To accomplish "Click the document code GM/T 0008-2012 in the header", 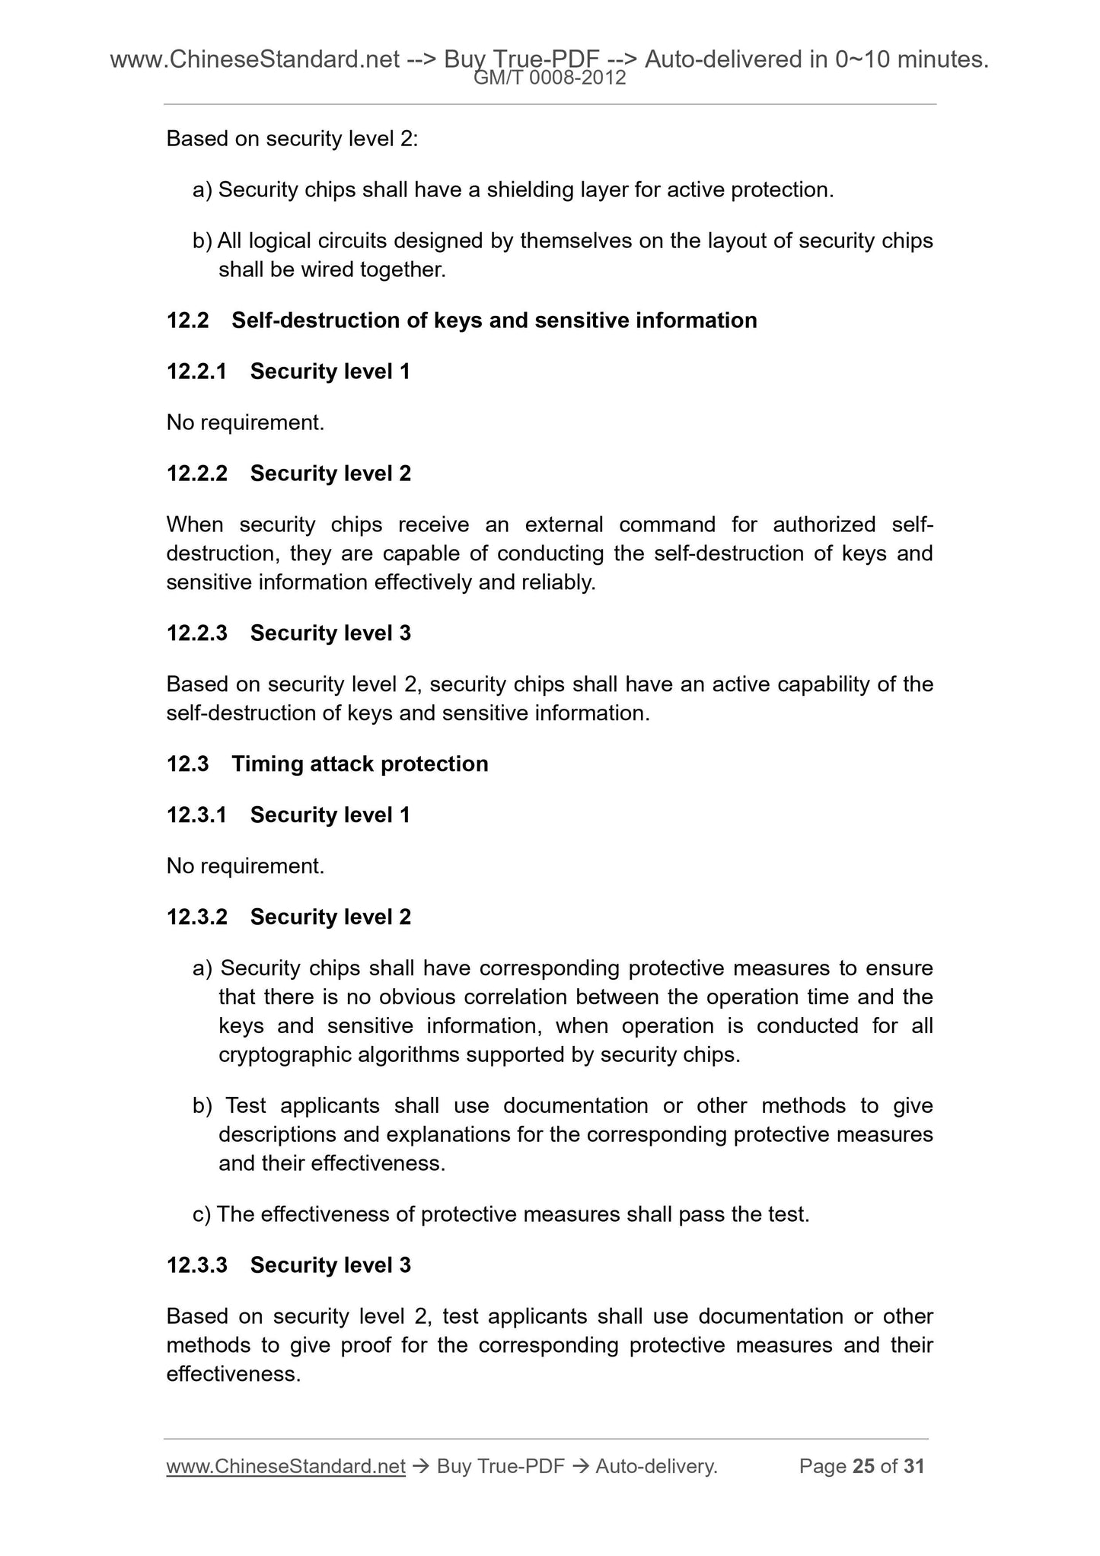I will tap(550, 78).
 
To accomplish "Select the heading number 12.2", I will tap(187, 320).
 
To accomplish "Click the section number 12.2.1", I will tap(196, 371).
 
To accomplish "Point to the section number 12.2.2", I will tap(196, 473).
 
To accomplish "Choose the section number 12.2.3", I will tap(196, 633).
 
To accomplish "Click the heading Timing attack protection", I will tap(359, 764).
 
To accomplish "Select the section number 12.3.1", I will tap(196, 815).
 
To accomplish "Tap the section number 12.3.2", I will tap(196, 917).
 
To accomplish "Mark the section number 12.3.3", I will tap(196, 1265).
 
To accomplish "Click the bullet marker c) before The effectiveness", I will tap(202, 1214).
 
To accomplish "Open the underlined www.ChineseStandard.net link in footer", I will tap(285, 1466).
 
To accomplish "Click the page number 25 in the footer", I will tap(863, 1466).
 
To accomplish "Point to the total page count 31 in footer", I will tap(913, 1466).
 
